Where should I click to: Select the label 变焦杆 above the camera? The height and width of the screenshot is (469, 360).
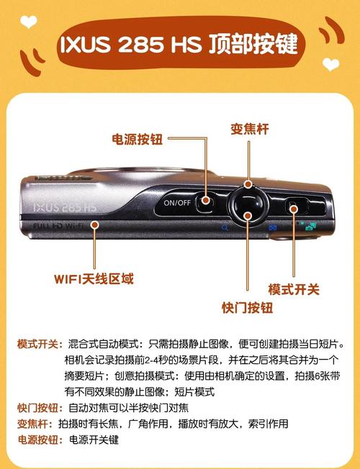coord(249,129)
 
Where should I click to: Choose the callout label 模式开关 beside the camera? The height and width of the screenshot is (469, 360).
coord(294,289)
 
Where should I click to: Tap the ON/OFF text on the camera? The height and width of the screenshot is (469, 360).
coord(177,203)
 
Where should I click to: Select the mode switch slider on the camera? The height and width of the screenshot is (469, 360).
coord(292,208)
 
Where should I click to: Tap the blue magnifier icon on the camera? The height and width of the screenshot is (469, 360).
coord(225,227)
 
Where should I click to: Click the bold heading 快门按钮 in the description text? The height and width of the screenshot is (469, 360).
coord(37,408)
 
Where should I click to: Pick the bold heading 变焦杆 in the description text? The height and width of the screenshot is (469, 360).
coord(32,424)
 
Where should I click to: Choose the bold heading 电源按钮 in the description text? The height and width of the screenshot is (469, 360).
coord(37,440)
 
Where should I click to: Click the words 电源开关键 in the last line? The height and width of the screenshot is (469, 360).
coord(94,440)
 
